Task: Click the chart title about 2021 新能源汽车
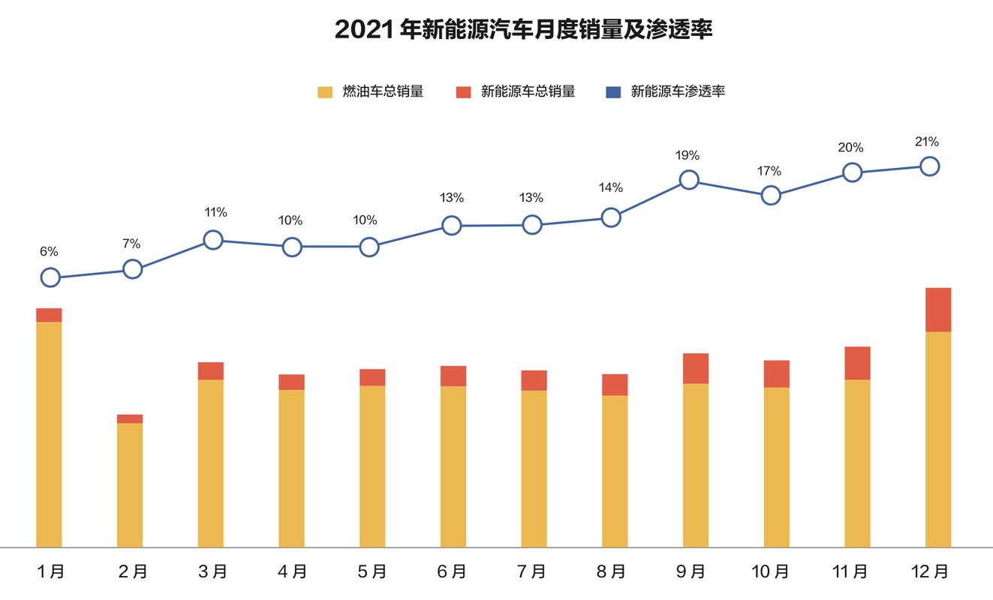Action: point(523,30)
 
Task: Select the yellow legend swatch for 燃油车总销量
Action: point(325,92)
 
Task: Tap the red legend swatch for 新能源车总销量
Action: point(463,92)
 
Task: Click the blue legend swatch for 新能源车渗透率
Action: point(613,92)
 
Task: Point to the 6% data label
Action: point(49,252)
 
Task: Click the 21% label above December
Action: point(927,142)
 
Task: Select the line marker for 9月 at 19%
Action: point(689,180)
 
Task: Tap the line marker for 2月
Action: point(132,268)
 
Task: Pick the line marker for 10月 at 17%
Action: point(771,196)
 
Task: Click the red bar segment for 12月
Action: point(938,310)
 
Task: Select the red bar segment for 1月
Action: point(49,315)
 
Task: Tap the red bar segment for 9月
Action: point(696,368)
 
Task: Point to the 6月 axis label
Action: point(451,572)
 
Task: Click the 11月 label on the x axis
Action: point(850,572)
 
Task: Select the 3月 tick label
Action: point(212,572)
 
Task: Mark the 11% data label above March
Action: point(215,212)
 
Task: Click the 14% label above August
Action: point(611,187)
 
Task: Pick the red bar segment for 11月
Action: point(857,363)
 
